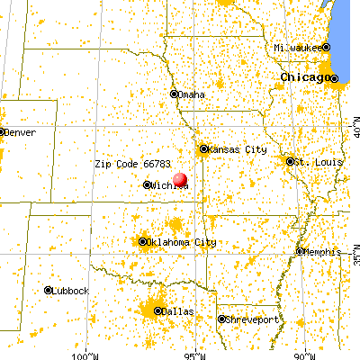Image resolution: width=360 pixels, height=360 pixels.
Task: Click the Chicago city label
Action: click(x=305, y=77)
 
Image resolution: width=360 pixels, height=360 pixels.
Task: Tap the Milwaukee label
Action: click(x=299, y=47)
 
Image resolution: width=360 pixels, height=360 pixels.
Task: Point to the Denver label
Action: click(x=22, y=132)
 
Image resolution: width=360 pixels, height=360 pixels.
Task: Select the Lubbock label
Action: click(x=71, y=291)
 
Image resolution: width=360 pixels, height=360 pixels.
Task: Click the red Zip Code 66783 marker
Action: click(x=181, y=180)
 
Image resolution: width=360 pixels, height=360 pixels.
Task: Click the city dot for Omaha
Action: click(x=175, y=94)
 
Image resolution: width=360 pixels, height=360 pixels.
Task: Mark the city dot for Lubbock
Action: click(x=48, y=291)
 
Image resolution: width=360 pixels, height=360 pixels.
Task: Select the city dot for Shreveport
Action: click(x=221, y=319)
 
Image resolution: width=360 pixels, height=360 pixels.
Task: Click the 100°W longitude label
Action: click(x=87, y=352)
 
